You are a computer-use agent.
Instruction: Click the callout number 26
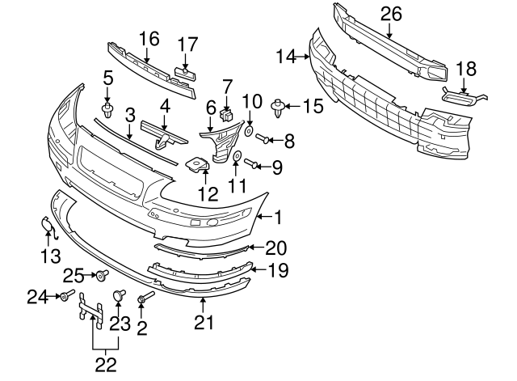click(x=390, y=14)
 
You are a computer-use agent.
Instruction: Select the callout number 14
click(x=286, y=57)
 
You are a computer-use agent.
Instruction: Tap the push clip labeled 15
click(x=280, y=104)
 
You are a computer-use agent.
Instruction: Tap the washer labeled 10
click(x=249, y=130)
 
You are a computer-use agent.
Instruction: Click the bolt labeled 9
click(x=253, y=166)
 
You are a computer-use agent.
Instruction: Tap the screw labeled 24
click(x=65, y=297)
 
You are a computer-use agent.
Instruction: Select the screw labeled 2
click(x=144, y=300)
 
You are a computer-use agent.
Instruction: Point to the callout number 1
click(x=279, y=216)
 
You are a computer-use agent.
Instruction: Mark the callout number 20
click(x=275, y=248)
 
